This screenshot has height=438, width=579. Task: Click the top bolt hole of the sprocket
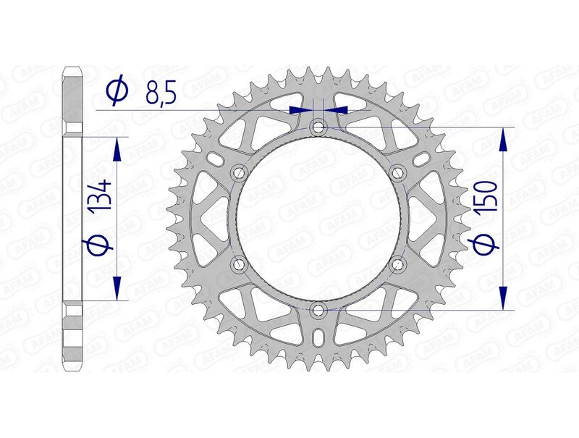[318, 127]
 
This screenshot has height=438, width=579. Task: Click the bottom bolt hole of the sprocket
[318, 311]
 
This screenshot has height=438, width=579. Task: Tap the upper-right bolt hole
[397, 172]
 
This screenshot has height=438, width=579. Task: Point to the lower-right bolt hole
[397, 265]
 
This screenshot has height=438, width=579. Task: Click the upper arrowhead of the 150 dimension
[504, 140]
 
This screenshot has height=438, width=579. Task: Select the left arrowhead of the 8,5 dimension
[298, 110]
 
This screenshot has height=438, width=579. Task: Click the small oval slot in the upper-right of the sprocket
[421, 158]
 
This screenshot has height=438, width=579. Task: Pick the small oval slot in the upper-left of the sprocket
[214, 158]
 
